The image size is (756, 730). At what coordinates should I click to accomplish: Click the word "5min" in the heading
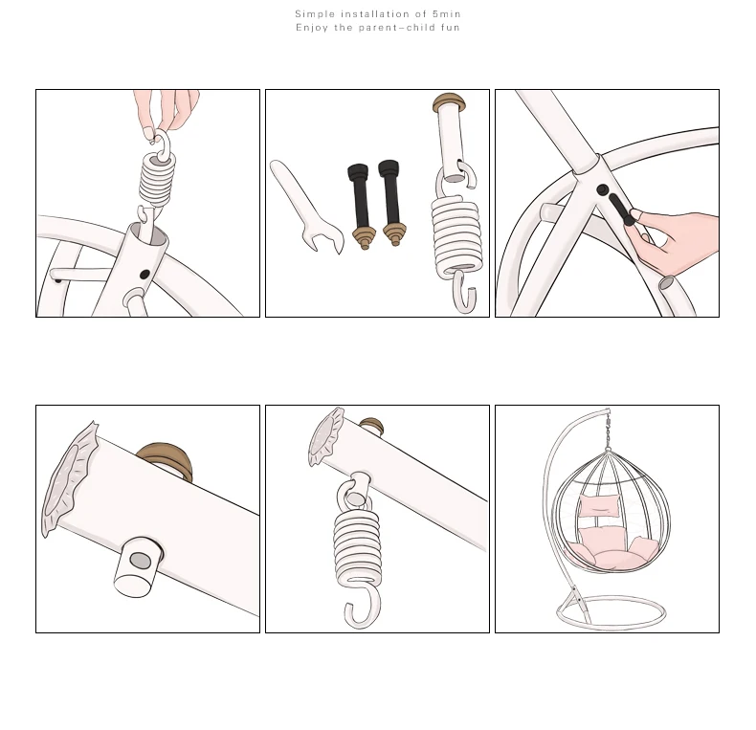[x=446, y=14]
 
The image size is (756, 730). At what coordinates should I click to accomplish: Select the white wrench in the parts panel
[x=306, y=207]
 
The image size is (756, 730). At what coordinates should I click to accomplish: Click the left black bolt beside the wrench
[x=360, y=207]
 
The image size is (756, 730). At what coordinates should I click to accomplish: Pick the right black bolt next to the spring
[x=391, y=203]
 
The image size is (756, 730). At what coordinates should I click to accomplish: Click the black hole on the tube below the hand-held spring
[x=145, y=275]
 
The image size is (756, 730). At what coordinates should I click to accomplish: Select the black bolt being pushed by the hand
[x=622, y=210]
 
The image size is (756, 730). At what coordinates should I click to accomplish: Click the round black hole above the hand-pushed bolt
[x=602, y=190]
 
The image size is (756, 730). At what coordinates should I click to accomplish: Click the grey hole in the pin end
[x=141, y=561]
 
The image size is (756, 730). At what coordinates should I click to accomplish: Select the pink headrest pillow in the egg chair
[x=598, y=506]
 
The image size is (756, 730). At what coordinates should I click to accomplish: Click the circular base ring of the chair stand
[x=611, y=625]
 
